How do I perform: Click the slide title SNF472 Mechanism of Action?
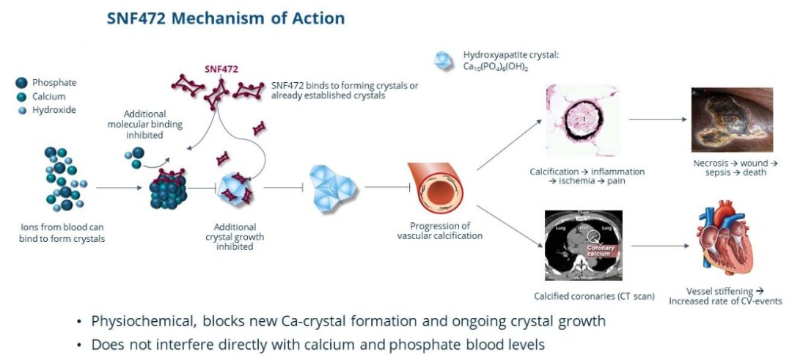coord(225,18)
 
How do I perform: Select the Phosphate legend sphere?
coord(21,84)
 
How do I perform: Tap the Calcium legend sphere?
coord(21,97)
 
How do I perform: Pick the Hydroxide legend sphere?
coord(22,110)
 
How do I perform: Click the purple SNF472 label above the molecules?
coord(221,70)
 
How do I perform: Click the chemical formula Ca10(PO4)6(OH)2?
coord(496,67)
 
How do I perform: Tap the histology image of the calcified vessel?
coord(584,120)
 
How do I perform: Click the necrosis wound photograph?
coord(732,120)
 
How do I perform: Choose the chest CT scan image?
coord(584,245)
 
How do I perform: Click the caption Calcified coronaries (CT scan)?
coord(584,296)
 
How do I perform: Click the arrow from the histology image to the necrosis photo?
coord(655,118)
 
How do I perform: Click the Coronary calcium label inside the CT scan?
coord(604,251)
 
